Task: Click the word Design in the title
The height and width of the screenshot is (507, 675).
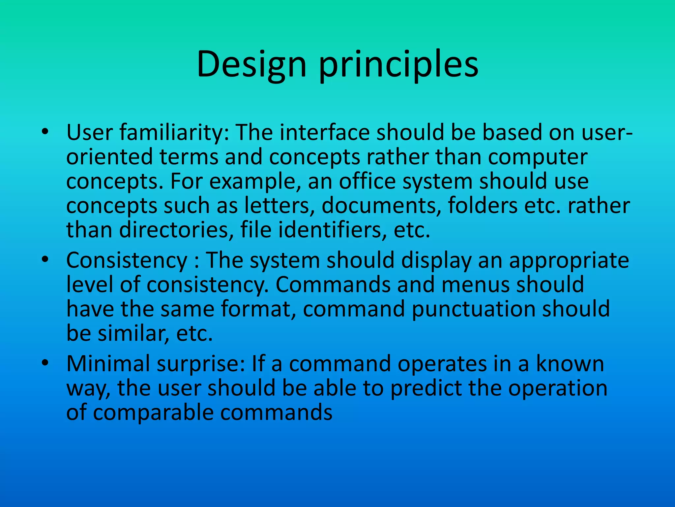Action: point(251,64)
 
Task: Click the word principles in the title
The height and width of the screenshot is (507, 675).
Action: point(398,64)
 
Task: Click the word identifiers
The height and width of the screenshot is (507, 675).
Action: point(332,230)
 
